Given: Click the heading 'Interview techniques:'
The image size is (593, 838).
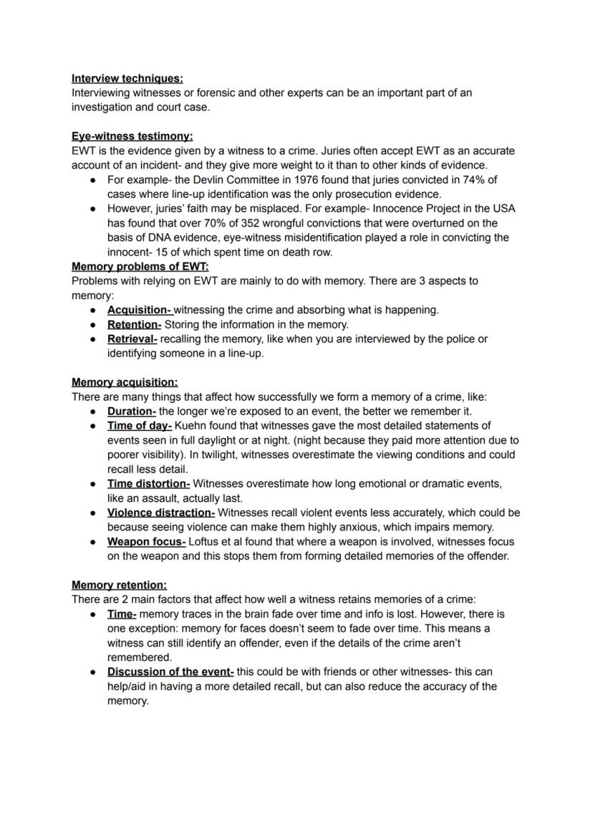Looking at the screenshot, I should [x=127, y=78].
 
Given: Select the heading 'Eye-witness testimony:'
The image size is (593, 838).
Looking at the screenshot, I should [x=132, y=136].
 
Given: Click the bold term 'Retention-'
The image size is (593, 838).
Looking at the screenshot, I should [x=134, y=325].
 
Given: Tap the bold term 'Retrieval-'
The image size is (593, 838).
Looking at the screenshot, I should [x=132, y=339].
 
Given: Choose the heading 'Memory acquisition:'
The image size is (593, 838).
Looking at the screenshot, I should [x=125, y=383].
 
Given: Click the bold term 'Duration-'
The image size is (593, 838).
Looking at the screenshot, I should [x=131, y=411].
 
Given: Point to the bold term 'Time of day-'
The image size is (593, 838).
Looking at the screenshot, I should [x=139, y=426].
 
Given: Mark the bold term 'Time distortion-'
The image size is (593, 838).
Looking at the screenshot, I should [x=148, y=484].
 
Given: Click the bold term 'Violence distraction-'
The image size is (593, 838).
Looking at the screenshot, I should [x=160, y=513].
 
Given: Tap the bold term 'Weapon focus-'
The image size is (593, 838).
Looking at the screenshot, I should [x=146, y=542].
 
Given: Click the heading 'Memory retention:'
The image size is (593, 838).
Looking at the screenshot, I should [x=119, y=585].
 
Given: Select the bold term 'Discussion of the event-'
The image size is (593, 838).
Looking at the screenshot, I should [x=170, y=672].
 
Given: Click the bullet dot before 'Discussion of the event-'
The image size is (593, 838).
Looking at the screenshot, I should [x=93, y=672].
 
